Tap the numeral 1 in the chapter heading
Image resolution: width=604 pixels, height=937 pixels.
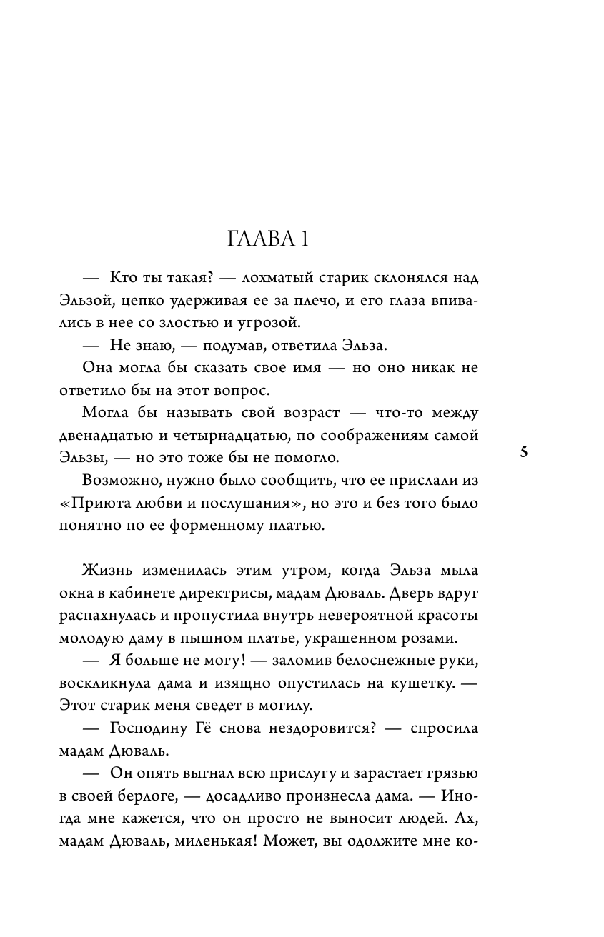(x=304, y=239)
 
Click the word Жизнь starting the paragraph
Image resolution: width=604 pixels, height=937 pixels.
(x=107, y=572)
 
